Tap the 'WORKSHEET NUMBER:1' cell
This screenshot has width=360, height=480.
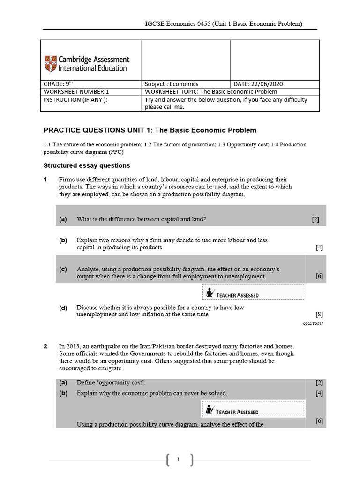[76, 92]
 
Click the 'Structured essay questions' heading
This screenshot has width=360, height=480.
[87, 165]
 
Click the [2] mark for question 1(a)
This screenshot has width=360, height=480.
[315, 219]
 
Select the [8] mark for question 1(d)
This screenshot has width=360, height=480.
[319, 314]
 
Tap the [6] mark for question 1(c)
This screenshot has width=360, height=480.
[319, 276]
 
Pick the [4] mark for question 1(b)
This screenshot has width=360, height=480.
[319, 247]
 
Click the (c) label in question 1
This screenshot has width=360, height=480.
[63, 269]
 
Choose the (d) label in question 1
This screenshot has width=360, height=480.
[63, 307]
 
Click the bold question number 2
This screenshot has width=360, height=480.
[45, 346]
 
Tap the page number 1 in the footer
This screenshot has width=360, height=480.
[178, 460]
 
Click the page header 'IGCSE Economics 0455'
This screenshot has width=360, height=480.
[180, 23]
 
